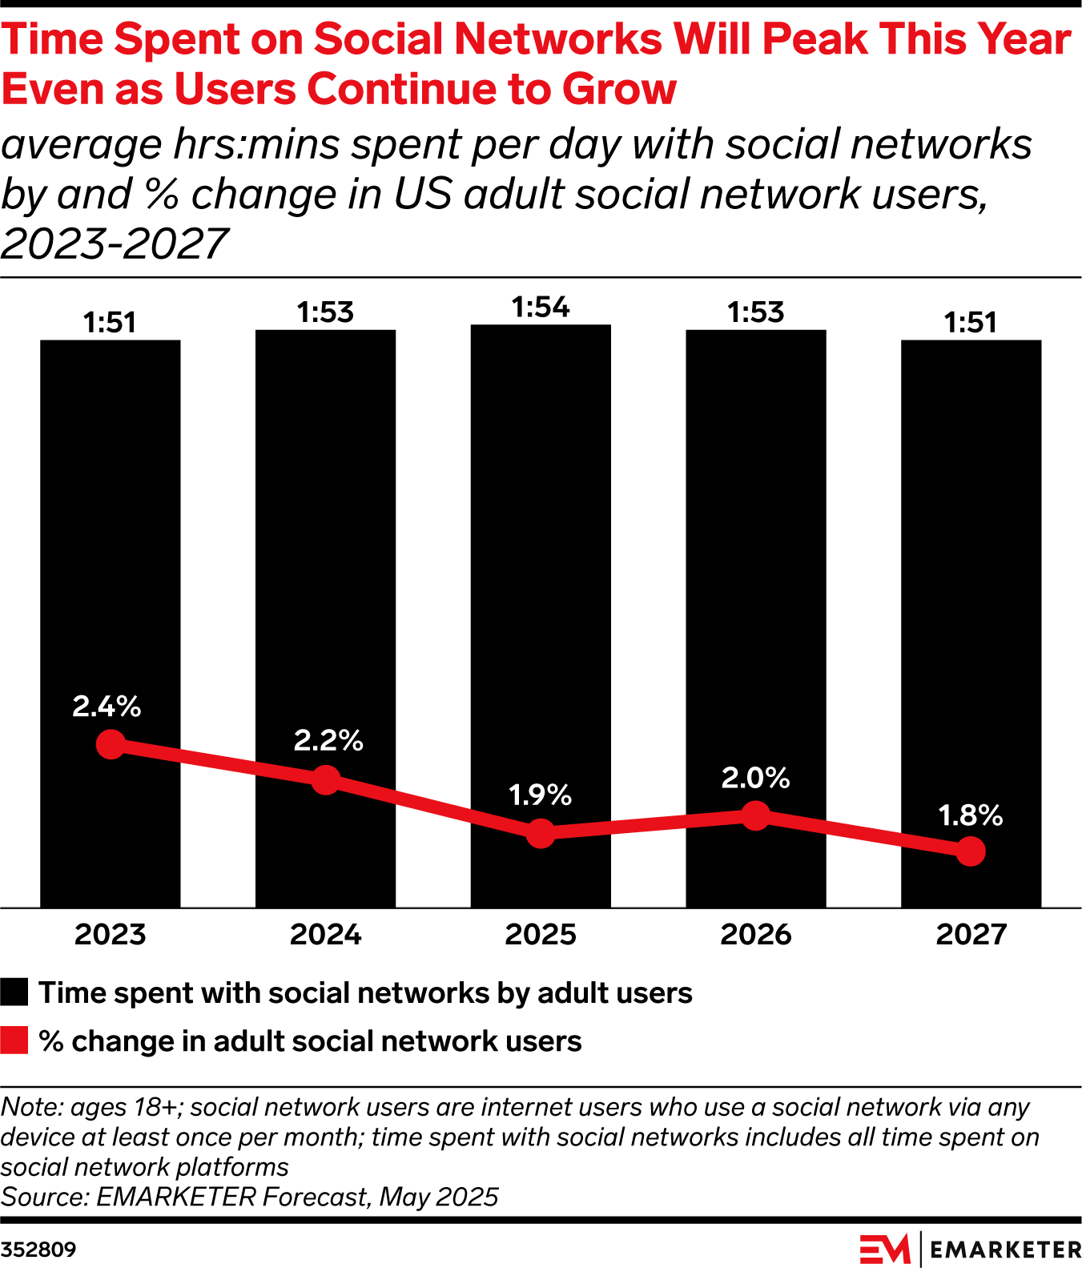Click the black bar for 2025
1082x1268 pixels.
click(x=541, y=561)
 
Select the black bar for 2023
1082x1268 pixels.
click(x=111, y=561)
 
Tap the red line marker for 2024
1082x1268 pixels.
click(x=326, y=779)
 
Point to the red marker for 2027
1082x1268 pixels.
click(x=971, y=851)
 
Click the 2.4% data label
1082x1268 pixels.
click(x=107, y=706)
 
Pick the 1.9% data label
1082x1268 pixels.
click(x=541, y=795)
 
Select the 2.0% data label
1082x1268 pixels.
click(x=755, y=778)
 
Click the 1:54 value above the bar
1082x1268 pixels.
click(x=541, y=308)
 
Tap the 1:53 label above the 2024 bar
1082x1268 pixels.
click(x=325, y=312)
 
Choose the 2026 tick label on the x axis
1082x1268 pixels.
click(x=755, y=935)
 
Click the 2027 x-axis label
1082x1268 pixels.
click(x=971, y=935)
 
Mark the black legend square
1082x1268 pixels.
click(x=14, y=992)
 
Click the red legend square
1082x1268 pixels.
click(x=14, y=1041)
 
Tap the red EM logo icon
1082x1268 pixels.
click(x=885, y=1250)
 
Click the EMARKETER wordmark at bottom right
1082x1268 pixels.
click(x=1006, y=1250)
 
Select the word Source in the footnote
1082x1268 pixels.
click(x=44, y=1197)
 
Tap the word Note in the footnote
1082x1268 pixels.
click(x=31, y=1107)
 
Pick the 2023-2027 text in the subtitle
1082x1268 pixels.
click(x=115, y=244)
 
